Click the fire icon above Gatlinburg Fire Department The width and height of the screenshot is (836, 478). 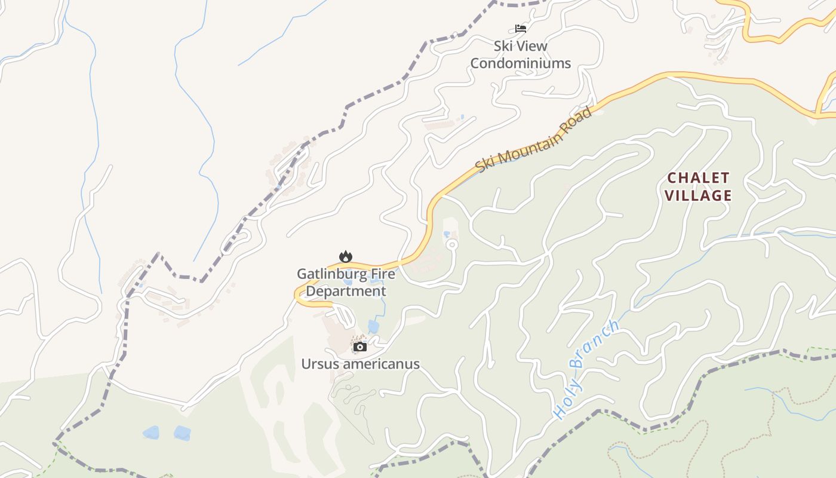pyautogui.click(x=346, y=256)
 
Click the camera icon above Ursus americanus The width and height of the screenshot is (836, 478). pyautogui.click(x=359, y=347)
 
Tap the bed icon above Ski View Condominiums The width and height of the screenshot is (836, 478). pyautogui.click(x=521, y=28)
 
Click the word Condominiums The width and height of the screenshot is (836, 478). pyautogui.click(x=521, y=63)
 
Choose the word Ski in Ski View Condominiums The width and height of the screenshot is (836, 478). pyautogui.click(x=503, y=45)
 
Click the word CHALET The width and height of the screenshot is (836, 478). pyautogui.click(x=698, y=177)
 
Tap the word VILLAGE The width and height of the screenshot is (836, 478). pyautogui.click(x=698, y=195)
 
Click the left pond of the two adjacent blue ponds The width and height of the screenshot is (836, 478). pyautogui.click(x=151, y=433)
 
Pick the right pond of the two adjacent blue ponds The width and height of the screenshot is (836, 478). pyautogui.click(x=182, y=433)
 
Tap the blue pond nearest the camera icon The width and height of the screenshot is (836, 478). pyautogui.click(x=373, y=326)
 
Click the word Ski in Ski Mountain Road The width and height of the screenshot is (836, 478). pyautogui.click(x=485, y=165)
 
